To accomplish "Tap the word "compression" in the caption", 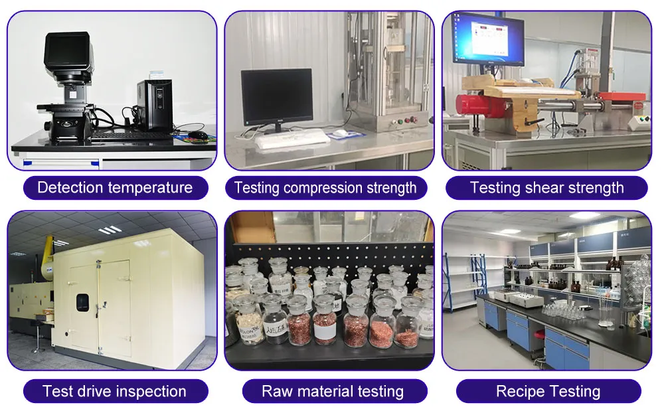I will click(323, 188).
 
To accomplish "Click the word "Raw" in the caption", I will click(276, 391).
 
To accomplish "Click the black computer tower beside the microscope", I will click(154, 104).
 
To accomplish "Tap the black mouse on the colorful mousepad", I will click(198, 134).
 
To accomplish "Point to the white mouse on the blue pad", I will click(340, 133).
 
